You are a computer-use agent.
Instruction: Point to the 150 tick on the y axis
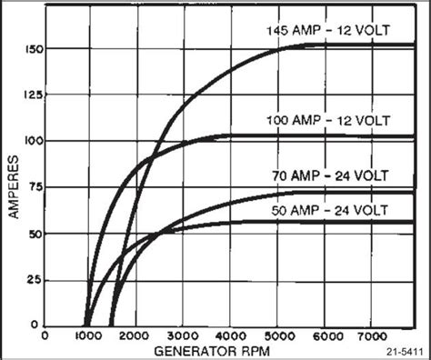(x=31, y=47)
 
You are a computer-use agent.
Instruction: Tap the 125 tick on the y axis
(x=31, y=95)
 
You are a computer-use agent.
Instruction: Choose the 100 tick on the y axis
(x=31, y=141)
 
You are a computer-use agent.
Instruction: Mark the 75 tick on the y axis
(x=34, y=187)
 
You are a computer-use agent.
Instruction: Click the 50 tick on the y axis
(x=34, y=234)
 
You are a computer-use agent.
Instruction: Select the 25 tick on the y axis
(x=34, y=280)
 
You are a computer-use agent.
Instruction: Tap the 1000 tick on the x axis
(x=87, y=335)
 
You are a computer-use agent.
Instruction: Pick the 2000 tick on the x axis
(x=135, y=335)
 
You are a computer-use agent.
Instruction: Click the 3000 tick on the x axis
(x=182, y=335)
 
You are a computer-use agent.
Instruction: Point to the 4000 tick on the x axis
(x=229, y=335)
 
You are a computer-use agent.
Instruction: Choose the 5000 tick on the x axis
(x=276, y=335)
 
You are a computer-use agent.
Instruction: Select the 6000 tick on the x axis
(x=324, y=335)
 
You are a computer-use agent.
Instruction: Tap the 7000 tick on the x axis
(x=371, y=335)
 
